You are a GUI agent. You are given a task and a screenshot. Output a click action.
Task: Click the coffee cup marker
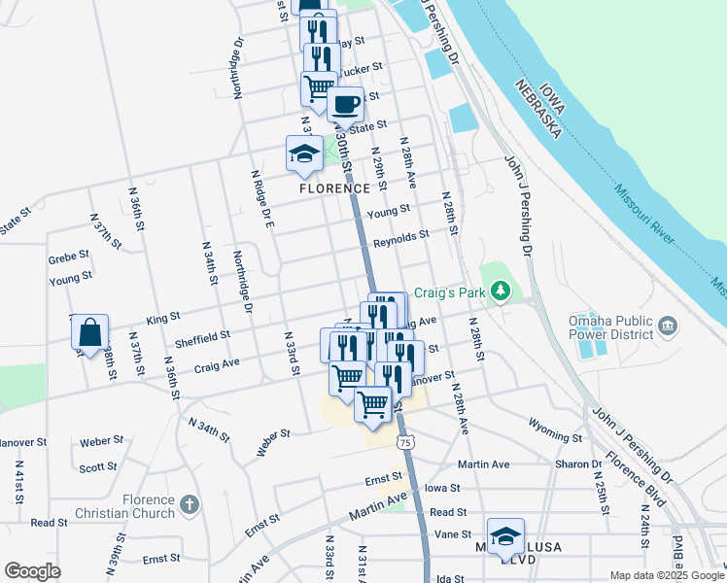click(346, 104)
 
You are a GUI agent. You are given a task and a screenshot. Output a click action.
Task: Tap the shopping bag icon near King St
click(89, 333)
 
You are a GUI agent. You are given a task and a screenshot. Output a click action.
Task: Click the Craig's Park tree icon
click(501, 291)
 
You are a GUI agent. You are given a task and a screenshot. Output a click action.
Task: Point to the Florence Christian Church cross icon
click(189, 505)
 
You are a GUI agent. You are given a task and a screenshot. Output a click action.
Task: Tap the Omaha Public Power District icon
click(668, 325)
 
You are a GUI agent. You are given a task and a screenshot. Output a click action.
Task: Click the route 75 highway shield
click(405, 442)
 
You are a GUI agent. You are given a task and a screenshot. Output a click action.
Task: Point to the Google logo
click(32, 571)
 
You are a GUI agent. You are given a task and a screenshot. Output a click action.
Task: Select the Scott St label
click(98, 467)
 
